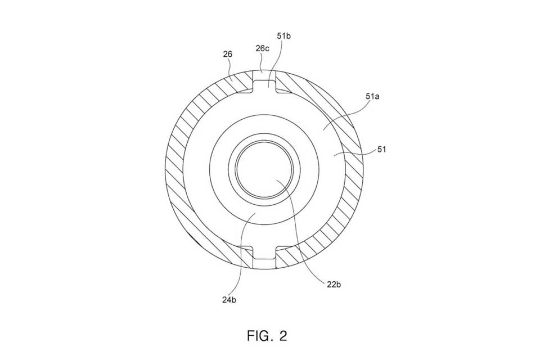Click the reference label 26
click(x=228, y=54)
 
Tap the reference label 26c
click(x=263, y=48)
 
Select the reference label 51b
click(x=283, y=36)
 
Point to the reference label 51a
click(x=372, y=96)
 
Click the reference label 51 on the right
click(x=381, y=149)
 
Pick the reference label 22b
click(x=334, y=285)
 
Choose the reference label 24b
click(x=229, y=300)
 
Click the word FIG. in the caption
click(x=259, y=336)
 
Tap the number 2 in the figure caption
click(x=283, y=336)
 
